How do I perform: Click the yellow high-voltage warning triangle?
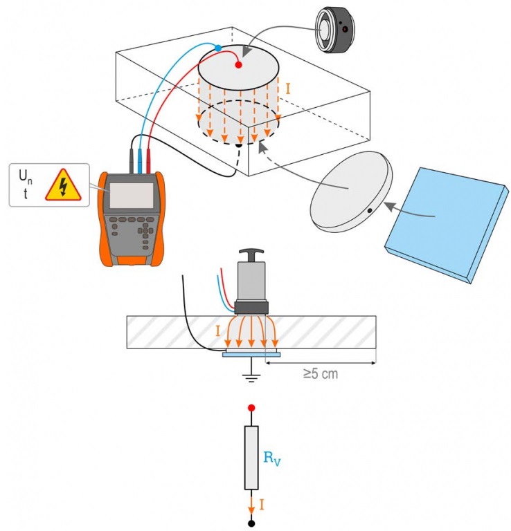64,186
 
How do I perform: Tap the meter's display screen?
132,196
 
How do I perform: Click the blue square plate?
447,225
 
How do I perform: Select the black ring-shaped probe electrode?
334,30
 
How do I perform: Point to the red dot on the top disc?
238,65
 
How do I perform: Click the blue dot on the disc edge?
218,48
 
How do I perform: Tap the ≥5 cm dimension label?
321,374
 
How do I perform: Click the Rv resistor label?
272,458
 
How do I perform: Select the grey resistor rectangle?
251,458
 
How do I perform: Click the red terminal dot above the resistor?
251,408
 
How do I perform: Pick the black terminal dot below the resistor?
251,523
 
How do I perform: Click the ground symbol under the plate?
251,378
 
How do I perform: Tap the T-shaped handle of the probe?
251,254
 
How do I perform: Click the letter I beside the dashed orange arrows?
288,89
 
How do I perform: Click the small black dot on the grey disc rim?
370,211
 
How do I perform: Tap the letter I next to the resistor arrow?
262,505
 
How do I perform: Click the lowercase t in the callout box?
26,194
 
